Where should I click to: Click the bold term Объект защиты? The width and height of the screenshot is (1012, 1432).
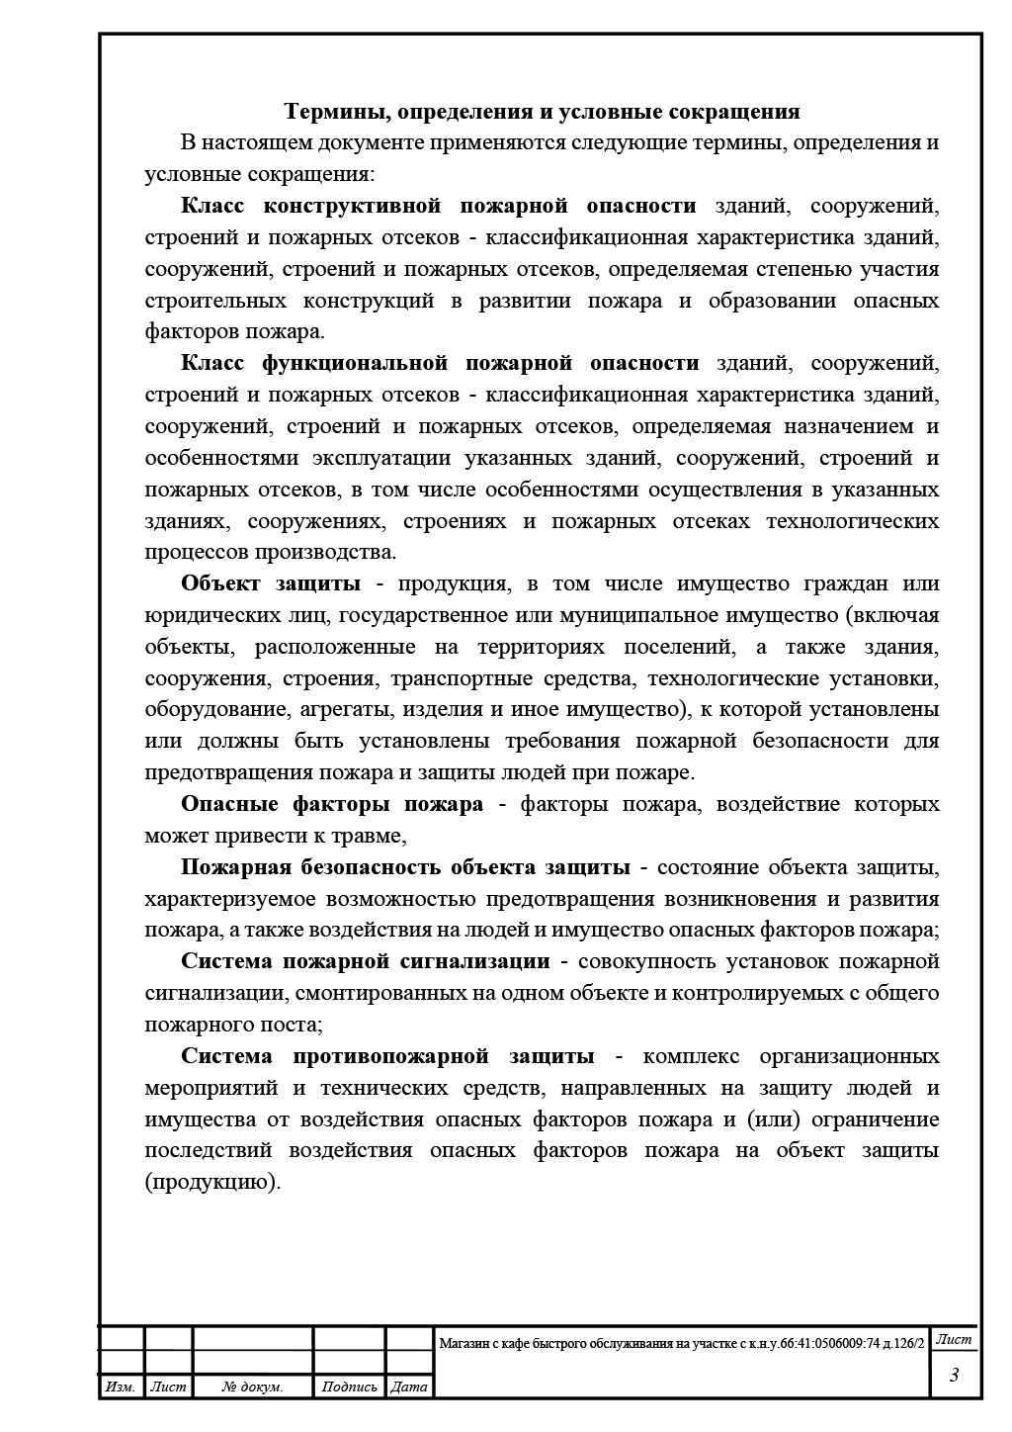pos(270,583)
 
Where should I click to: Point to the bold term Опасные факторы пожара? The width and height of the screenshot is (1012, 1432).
pos(332,804)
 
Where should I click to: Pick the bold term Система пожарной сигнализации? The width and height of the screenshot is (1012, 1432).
pos(365,961)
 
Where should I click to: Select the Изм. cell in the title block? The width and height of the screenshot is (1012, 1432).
pos(121,1387)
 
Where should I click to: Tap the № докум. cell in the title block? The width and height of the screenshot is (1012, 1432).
pos(253,1387)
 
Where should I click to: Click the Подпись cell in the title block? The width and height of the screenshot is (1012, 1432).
pos(349,1387)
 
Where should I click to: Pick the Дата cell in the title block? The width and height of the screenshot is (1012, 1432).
pos(409,1387)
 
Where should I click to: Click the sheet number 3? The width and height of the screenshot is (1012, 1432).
pos(954,1376)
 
